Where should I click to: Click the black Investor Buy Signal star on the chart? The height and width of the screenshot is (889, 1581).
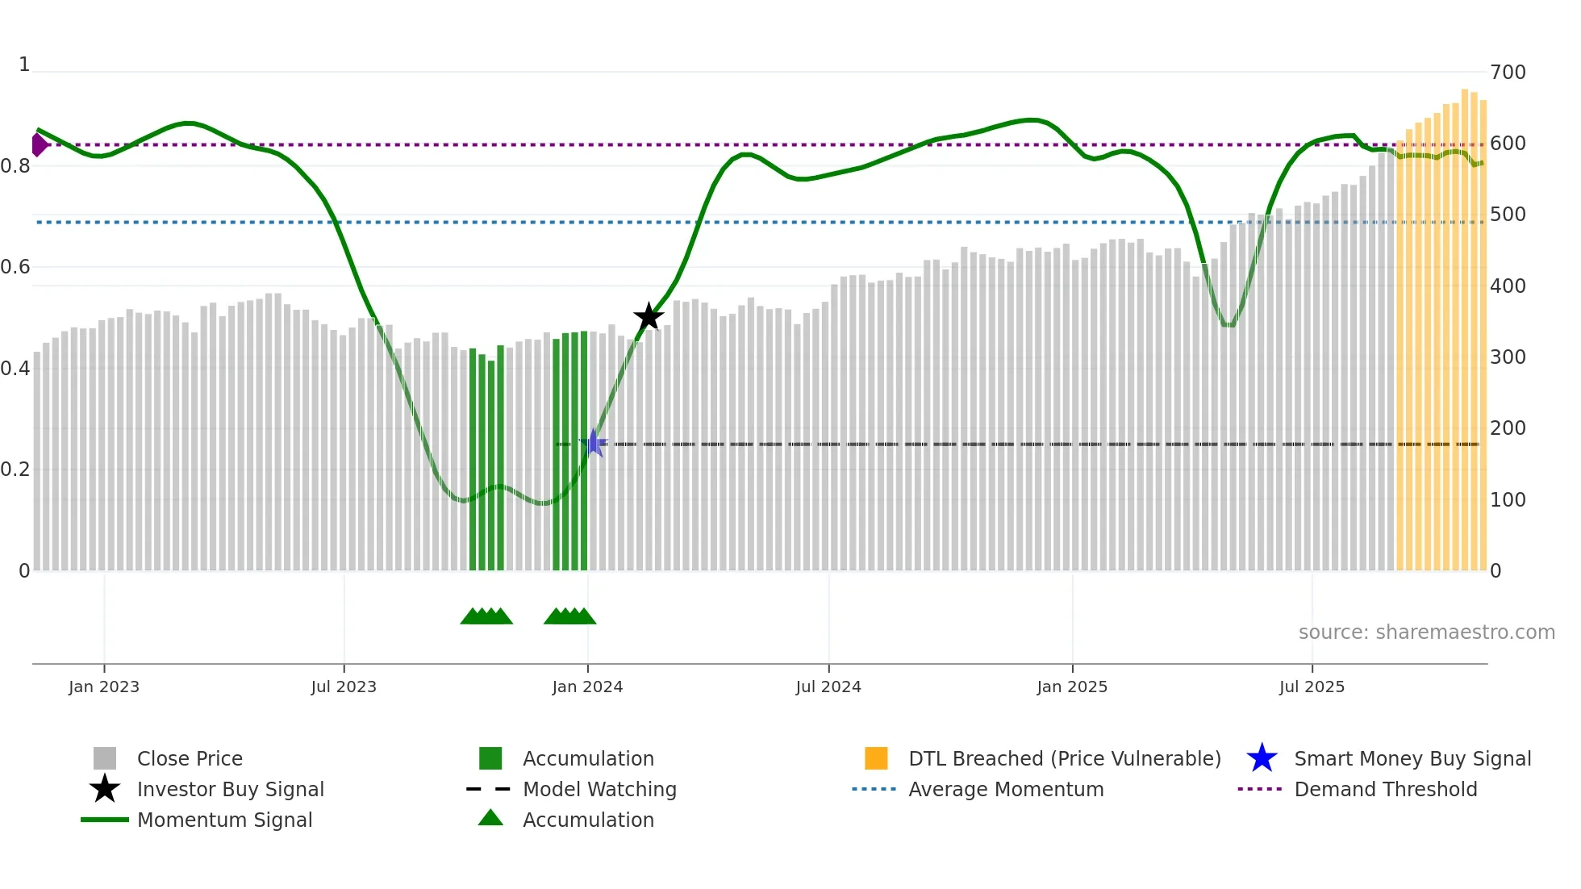click(x=649, y=317)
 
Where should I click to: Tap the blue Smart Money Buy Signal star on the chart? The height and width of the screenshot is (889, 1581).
click(x=594, y=444)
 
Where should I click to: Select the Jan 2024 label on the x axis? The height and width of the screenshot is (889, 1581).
click(x=587, y=687)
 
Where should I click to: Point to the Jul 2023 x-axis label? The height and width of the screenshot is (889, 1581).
click(x=344, y=687)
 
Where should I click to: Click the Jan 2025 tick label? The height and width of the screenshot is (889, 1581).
click(x=1072, y=687)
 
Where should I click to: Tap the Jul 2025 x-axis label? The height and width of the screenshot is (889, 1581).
click(x=1312, y=687)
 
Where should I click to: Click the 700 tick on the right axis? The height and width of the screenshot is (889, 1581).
click(x=1508, y=73)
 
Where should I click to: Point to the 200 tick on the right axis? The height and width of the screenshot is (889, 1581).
click(x=1508, y=428)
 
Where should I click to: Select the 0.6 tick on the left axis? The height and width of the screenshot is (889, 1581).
click(x=15, y=267)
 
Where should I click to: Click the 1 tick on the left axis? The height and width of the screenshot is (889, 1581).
click(x=24, y=65)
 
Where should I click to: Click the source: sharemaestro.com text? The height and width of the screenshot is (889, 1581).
click(x=1426, y=632)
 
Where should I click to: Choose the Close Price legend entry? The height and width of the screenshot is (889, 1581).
click(x=190, y=759)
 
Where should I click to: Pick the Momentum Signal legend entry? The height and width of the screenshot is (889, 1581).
click(x=224, y=820)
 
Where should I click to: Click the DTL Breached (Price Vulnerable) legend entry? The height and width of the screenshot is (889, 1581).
click(x=1064, y=759)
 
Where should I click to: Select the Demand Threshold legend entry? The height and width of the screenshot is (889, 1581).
click(x=1385, y=790)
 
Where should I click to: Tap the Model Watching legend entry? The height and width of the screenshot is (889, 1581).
click(x=599, y=790)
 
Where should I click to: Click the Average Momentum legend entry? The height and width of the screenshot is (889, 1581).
click(x=1006, y=790)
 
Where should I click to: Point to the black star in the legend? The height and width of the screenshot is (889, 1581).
click(x=105, y=789)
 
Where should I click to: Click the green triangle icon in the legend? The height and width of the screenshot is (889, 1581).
click(x=490, y=819)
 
